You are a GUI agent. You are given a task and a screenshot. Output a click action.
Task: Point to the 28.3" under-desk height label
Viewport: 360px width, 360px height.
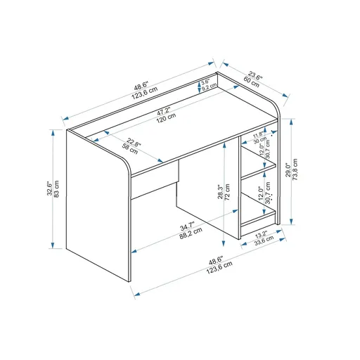[x=220, y=192]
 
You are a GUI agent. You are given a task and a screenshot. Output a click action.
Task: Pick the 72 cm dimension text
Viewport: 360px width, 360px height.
[x=229, y=192]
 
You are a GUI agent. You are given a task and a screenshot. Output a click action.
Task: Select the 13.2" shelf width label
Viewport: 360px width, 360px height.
[x=261, y=234]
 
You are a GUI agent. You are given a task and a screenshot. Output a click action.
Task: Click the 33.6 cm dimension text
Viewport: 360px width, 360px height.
[x=264, y=241]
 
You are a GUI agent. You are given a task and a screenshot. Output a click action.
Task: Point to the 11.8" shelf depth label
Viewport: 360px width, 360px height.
[x=259, y=134]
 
